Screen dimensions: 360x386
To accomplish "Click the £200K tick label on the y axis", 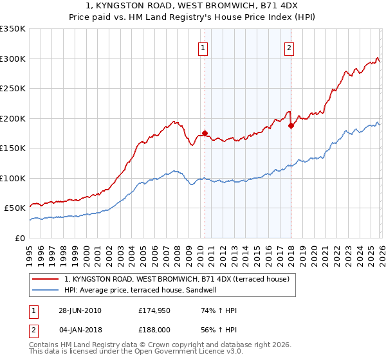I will click(x=13, y=118).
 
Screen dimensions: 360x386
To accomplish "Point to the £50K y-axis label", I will click(x=15, y=208).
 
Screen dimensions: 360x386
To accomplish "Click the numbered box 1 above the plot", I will click(x=203, y=47).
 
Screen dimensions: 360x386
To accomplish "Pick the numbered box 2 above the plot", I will click(x=289, y=47).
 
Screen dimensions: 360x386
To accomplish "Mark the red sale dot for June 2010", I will click(x=205, y=133).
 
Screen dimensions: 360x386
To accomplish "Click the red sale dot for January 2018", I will click(x=291, y=125).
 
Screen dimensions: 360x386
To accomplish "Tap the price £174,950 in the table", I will click(x=153, y=310).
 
